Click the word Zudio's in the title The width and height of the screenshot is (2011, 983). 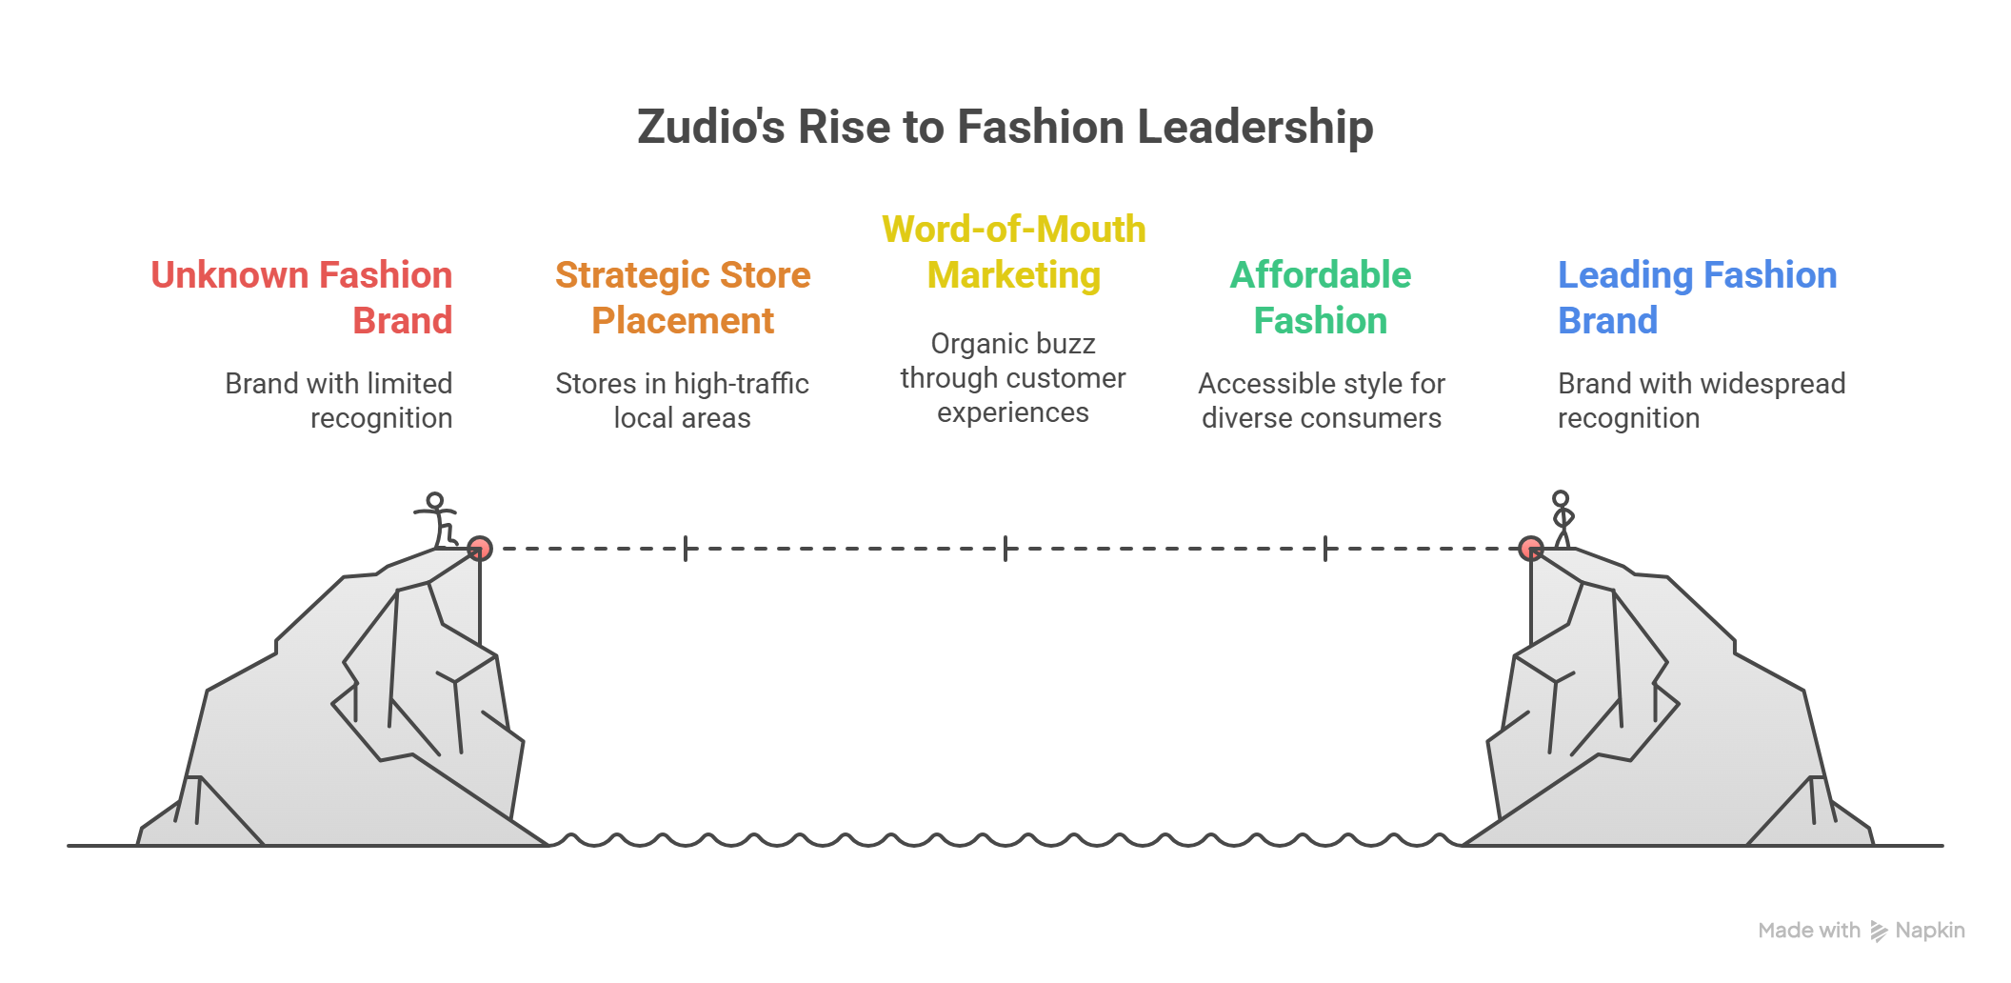pyautogui.click(x=710, y=128)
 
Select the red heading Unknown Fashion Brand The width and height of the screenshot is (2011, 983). pyautogui.click(x=302, y=297)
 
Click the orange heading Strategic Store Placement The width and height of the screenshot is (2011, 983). pyautogui.click(x=683, y=297)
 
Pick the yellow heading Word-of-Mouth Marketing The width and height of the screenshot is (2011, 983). pyautogui.click(x=1013, y=251)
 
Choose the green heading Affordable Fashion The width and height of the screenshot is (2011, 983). pyautogui.click(x=1321, y=297)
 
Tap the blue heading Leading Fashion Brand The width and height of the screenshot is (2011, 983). pyautogui.click(x=1697, y=297)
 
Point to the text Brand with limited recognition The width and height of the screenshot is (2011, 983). pyautogui.click(x=339, y=400)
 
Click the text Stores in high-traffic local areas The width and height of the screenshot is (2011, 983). pyautogui.click(x=682, y=400)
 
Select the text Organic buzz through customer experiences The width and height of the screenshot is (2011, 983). pyautogui.click(x=1013, y=377)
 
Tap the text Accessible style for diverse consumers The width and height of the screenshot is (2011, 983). pyautogui.click(x=1322, y=400)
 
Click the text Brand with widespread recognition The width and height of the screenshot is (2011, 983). pyautogui.click(x=1701, y=400)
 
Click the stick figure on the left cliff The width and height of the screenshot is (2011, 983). pyautogui.click(x=437, y=519)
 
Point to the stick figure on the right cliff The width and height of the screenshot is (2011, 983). pyautogui.click(x=1562, y=519)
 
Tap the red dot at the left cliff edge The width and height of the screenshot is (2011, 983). pyautogui.click(x=480, y=549)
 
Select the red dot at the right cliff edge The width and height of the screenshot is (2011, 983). pyautogui.click(x=1530, y=549)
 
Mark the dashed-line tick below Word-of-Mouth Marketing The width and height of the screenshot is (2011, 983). pyautogui.click(x=1005, y=549)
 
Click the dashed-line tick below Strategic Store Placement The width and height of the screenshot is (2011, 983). pyautogui.click(x=686, y=549)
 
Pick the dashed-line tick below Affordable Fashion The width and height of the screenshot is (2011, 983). pyautogui.click(x=1325, y=549)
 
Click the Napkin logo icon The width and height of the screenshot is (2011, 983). pyautogui.click(x=1879, y=931)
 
